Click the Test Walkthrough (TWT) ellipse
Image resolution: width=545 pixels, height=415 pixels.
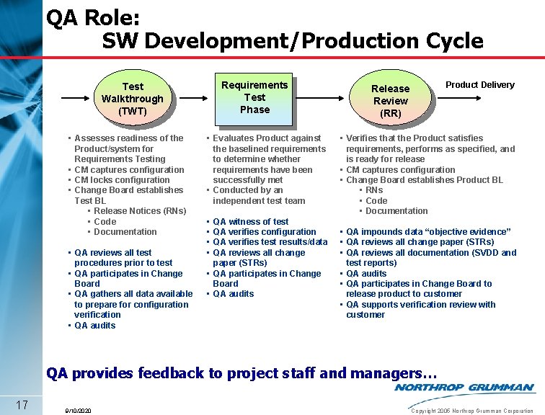(x=133, y=99)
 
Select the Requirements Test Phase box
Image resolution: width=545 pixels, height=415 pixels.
(x=254, y=97)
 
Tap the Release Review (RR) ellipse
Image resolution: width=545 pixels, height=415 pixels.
(x=390, y=101)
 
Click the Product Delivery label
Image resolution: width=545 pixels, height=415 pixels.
(x=479, y=85)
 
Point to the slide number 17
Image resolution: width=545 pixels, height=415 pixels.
(x=22, y=404)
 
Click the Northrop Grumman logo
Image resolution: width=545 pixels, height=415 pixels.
(x=464, y=388)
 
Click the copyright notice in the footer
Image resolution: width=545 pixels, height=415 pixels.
(x=471, y=411)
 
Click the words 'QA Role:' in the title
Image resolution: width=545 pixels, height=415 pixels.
(x=93, y=17)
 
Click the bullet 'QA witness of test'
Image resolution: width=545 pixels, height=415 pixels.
(x=250, y=222)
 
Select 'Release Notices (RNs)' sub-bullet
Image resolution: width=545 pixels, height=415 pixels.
(x=140, y=211)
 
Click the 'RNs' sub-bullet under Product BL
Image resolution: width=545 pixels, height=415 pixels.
(x=374, y=190)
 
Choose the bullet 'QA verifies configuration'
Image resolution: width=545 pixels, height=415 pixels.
(x=264, y=232)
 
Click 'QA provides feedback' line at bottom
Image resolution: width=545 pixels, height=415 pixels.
(x=242, y=373)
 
